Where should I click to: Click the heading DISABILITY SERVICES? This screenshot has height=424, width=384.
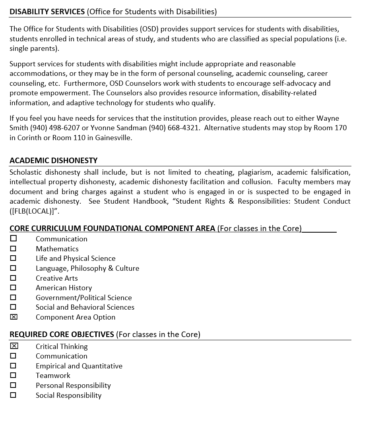point(47,12)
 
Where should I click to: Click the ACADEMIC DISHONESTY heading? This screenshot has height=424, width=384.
point(53,160)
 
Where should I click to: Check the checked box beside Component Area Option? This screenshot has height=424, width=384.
point(14,317)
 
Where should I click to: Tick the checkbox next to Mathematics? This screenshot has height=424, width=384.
point(14,249)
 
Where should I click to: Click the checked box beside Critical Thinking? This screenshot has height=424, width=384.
point(14,346)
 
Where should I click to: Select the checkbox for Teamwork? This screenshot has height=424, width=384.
point(14,375)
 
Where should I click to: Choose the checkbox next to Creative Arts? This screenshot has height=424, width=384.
point(14,278)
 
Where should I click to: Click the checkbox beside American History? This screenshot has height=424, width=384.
point(14,287)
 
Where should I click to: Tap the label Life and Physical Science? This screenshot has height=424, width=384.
point(76,258)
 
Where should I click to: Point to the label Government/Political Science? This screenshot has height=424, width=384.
point(83,297)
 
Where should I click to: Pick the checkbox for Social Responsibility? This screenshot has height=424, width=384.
point(14,395)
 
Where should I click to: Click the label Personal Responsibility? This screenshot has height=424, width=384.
point(73,385)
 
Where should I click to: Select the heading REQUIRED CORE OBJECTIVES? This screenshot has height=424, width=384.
point(62,334)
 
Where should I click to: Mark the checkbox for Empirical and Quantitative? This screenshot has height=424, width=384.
point(14,366)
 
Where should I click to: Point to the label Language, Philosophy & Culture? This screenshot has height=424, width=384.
point(87,268)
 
